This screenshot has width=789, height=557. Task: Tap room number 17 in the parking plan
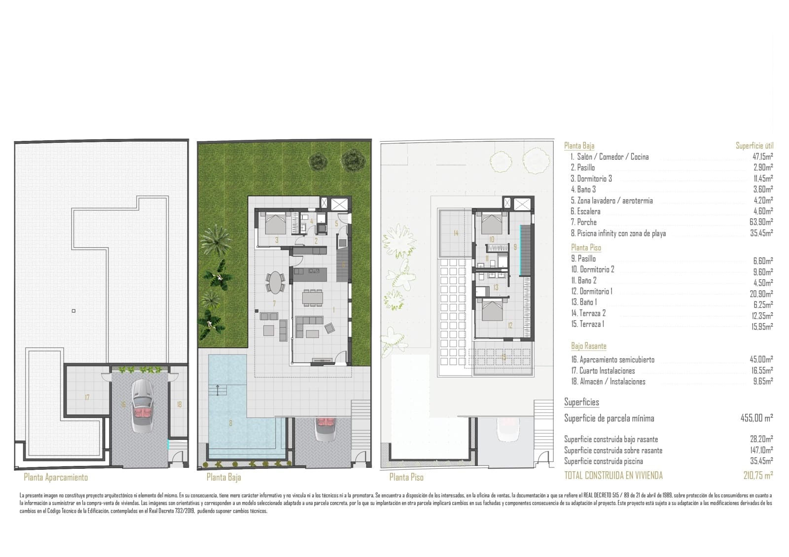pyautogui.click(x=87, y=397)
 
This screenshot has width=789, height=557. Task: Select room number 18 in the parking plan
pyautogui.click(x=179, y=404)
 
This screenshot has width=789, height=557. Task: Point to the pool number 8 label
pyautogui.click(x=230, y=423)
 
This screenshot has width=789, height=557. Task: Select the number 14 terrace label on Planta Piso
pyautogui.click(x=456, y=233)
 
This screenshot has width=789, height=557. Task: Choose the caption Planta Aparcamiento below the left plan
pyautogui.click(x=56, y=477)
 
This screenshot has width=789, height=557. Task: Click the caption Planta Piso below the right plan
pyautogui.click(x=406, y=477)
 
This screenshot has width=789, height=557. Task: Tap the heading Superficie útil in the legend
pyautogui.click(x=754, y=146)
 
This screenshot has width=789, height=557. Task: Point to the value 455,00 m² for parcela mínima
pyautogui.click(x=756, y=418)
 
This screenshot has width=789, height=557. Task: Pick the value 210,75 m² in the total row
pyautogui.click(x=758, y=475)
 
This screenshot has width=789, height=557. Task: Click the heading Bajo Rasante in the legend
pyautogui.click(x=589, y=346)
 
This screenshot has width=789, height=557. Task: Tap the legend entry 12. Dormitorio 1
pyautogui.click(x=592, y=291)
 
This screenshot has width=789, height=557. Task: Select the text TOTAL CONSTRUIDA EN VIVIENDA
pyautogui.click(x=613, y=475)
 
